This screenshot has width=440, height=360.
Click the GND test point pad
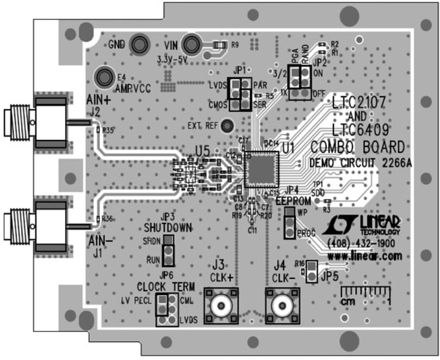pyautogui.click(x=139, y=44)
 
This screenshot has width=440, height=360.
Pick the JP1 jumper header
pyautogui.click(x=240, y=94)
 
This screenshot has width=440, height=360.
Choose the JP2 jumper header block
pyautogui.click(x=299, y=82)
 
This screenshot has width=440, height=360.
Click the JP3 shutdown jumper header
pyautogui.click(x=168, y=251)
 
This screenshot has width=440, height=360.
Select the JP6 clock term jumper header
pyautogui.click(x=167, y=310)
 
